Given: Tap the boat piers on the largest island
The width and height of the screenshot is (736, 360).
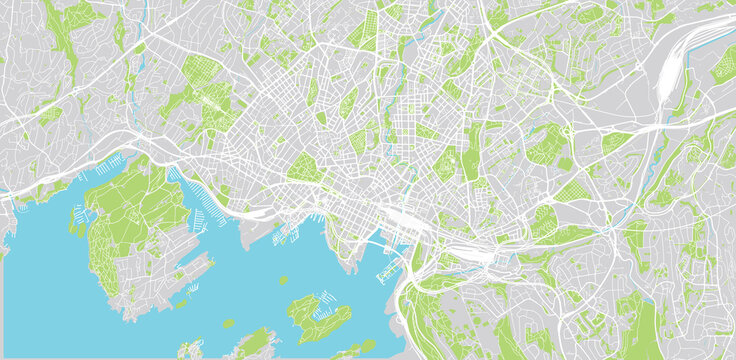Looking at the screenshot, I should pos(326,297).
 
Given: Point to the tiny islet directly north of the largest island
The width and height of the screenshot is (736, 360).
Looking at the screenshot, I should pos(283,281).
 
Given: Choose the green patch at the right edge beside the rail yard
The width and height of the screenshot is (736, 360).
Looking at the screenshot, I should pos(723,66).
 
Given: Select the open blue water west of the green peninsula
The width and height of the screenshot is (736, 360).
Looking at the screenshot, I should pos(40,260).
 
